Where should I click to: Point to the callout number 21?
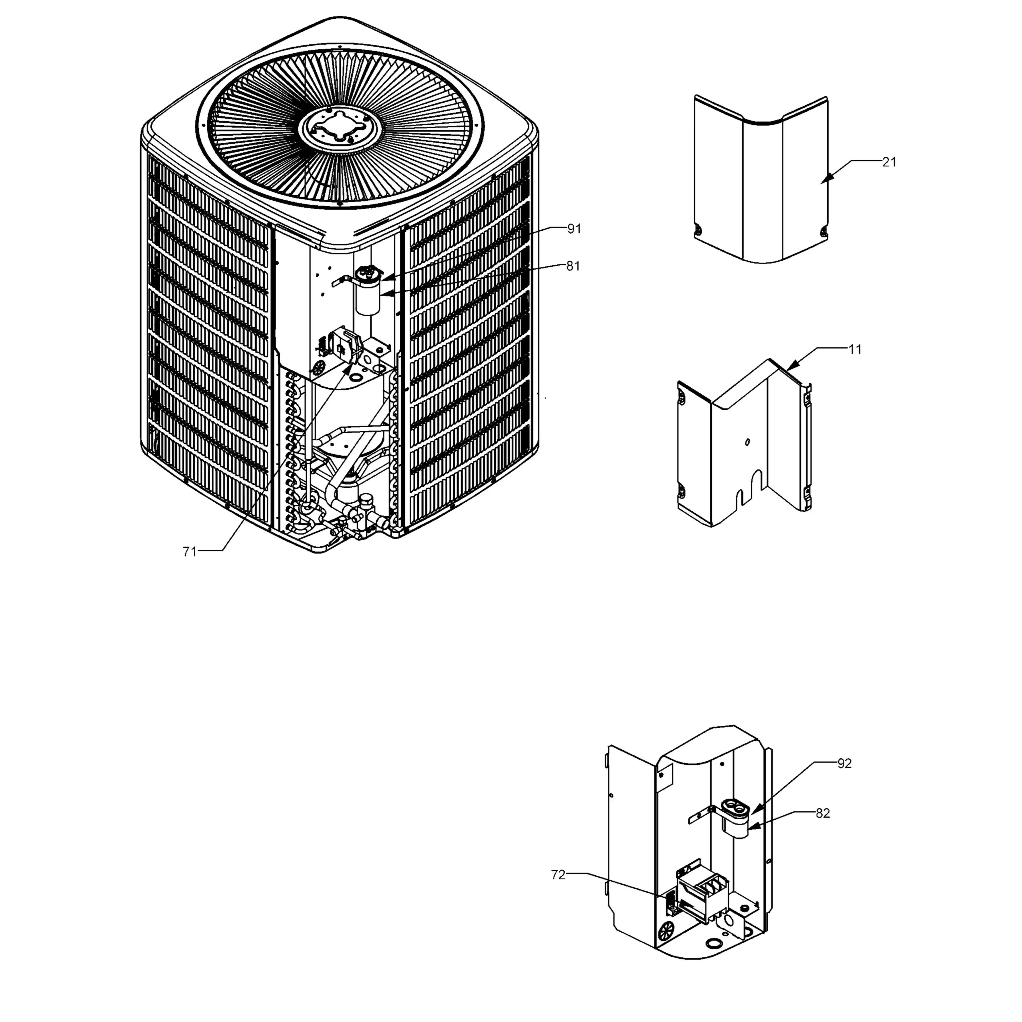pyautogui.click(x=890, y=162)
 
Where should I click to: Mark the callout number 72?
pyautogui.click(x=558, y=875)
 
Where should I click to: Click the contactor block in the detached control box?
pyautogui.click(x=704, y=894)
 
